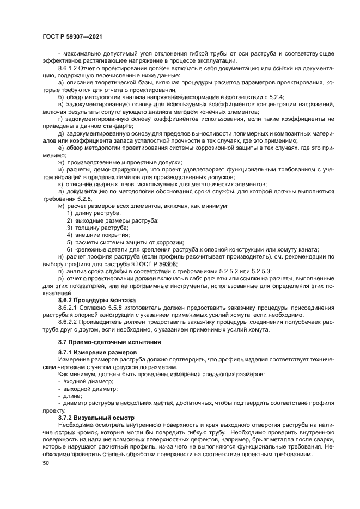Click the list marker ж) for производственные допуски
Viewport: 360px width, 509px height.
[61, 162]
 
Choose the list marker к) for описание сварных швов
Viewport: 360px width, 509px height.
[60, 185]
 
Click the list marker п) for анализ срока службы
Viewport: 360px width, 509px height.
[60, 271]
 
